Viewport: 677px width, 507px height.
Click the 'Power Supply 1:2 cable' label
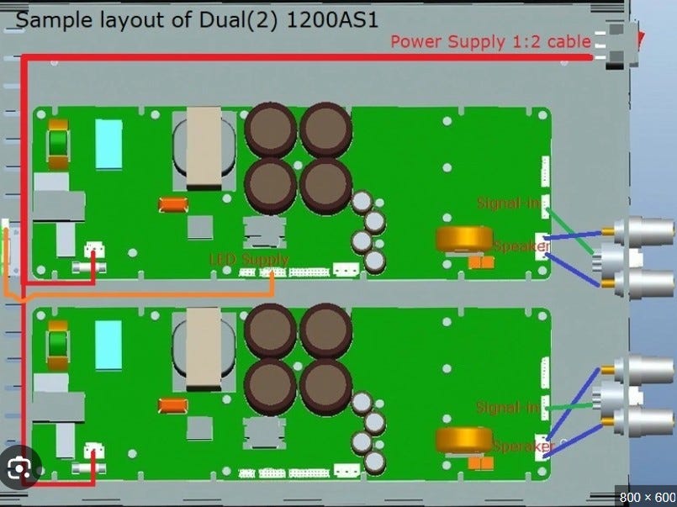[x=490, y=41]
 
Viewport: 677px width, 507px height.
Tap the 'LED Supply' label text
[x=249, y=260]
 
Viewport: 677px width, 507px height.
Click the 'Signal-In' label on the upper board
[x=508, y=203]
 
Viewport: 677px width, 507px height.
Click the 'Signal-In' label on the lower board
[x=507, y=408]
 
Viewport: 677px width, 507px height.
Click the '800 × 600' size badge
[x=647, y=496]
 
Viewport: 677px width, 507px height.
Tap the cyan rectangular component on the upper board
[x=108, y=144]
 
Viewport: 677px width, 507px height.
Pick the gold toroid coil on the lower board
[x=463, y=441]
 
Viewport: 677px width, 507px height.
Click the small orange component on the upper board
[x=172, y=203]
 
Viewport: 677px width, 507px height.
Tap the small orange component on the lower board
[x=172, y=405]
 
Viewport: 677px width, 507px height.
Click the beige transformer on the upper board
[x=203, y=148]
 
